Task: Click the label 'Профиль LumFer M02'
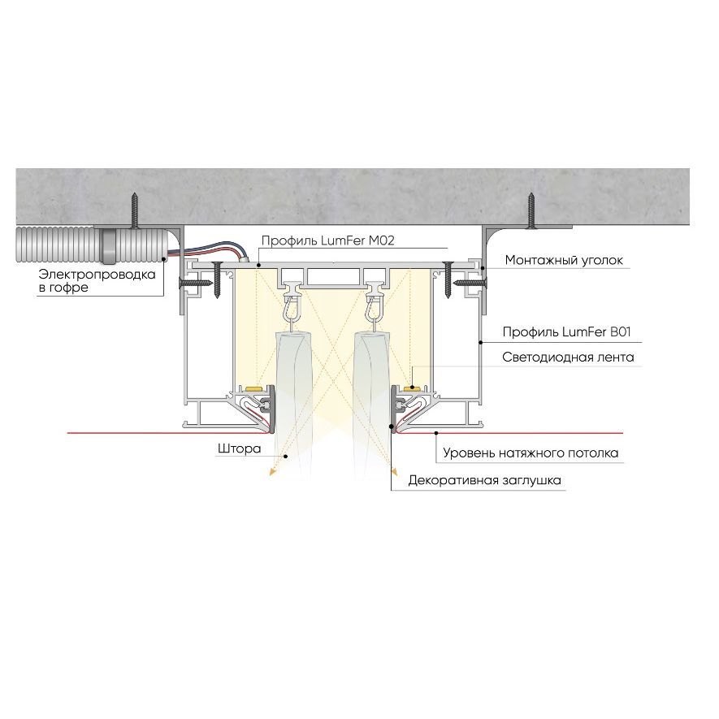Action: click(x=327, y=240)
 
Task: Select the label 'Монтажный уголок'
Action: click(x=564, y=261)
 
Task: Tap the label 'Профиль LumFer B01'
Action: click(x=566, y=332)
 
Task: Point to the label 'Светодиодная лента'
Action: click(x=568, y=357)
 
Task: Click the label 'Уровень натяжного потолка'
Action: click(x=530, y=453)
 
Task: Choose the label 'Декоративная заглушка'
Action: click(x=484, y=481)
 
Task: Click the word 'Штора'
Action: click(x=239, y=449)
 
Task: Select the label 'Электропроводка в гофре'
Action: click(x=97, y=281)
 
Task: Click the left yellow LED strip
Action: click(x=253, y=389)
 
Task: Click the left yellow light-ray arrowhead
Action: click(x=272, y=471)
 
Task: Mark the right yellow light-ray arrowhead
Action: click(x=393, y=470)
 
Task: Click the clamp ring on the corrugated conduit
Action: click(x=109, y=245)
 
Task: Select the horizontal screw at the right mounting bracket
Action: click(x=470, y=283)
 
